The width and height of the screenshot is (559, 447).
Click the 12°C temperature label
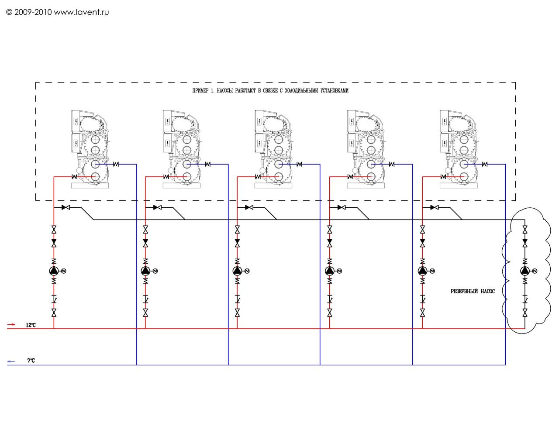pos(31,325)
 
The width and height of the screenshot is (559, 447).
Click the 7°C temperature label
pos(31,361)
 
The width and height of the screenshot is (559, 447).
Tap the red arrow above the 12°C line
pos(11,324)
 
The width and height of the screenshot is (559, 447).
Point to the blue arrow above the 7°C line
pos(11,361)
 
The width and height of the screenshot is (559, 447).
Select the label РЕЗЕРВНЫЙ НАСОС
pos(473,292)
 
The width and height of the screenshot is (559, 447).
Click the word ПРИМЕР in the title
pos(200,91)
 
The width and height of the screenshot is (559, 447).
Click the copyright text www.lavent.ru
pos(81,12)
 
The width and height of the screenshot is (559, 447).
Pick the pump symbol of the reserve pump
pos(524,271)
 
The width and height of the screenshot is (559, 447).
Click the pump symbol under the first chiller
pos(54,271)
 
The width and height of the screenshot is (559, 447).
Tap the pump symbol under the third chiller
pos(237,271)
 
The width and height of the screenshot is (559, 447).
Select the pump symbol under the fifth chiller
pos(422,271)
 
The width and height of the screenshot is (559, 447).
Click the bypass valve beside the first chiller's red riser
pos(66,207)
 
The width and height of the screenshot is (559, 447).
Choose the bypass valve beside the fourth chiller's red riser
pos(342,207)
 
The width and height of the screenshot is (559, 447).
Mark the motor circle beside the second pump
pos(155,271)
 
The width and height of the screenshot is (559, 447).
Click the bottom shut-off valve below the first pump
pos(54,313)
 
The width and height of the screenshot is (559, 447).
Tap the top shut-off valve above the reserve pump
pos(524,230)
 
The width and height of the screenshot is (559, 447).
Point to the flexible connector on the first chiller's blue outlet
pos(116,164)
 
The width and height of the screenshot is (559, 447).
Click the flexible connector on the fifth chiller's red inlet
pos(443,177)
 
